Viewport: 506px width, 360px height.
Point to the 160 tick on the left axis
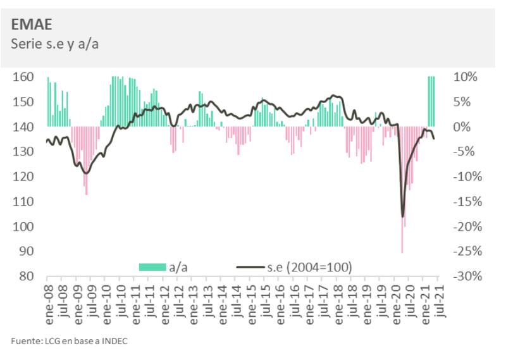pyautogui.click(x=23, y=77)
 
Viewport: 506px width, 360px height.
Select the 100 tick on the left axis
pyautogui.click(x=23, y=227)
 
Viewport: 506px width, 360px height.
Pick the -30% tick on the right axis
pyautogui.click(x=467, y=276)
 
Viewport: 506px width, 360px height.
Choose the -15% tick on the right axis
pyautogui.click(x=467, y=202)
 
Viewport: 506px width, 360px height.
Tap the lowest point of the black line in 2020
pyautogui.click(x=402, y=216)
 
